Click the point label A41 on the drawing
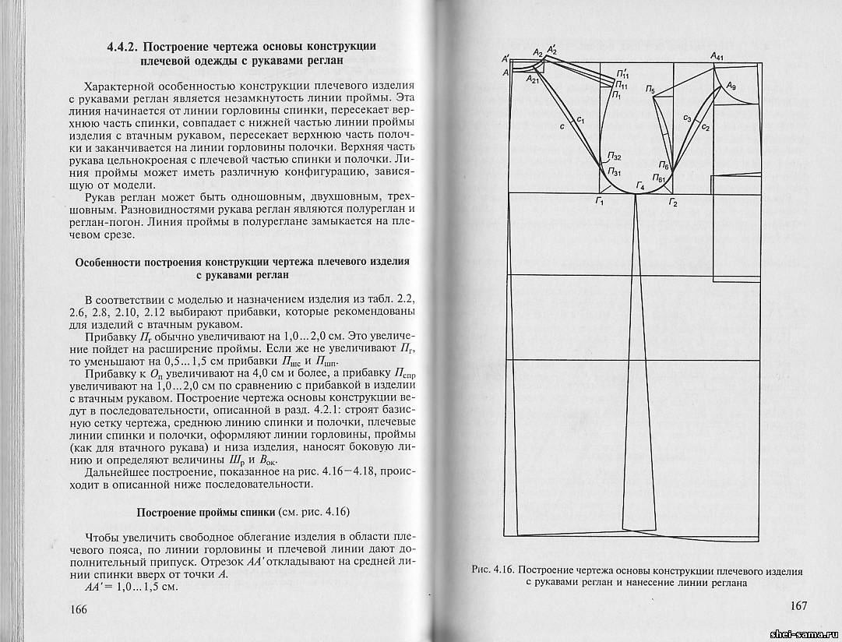(x=717, y=56)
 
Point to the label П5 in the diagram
(x=650, y=90)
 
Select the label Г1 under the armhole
(x=600, y=203)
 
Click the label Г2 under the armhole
(x=673, y=203)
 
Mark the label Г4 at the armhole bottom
(x=640, y=185)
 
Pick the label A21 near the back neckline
(x=534, y=79)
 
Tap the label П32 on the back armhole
(x=615, y=157)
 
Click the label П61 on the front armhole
(x=659, y=179)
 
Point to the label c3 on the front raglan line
(x=687, y=118)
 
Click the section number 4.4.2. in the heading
(x=127, y=47)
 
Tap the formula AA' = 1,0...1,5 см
(x=130, y=586)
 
